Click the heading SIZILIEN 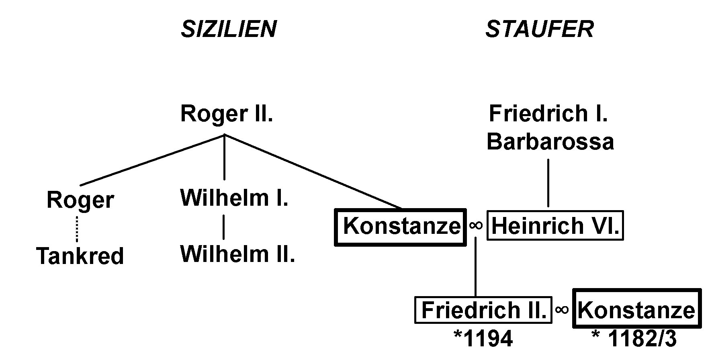coord(229,29)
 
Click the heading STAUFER coord(540,29)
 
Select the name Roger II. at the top coord(227,114)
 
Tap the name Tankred coord(80,256)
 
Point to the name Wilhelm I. coord(234,198)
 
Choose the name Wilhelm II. coord(237,254)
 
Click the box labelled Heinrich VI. coord(555,226)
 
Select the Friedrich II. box coord(483,310)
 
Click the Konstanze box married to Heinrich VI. coord(401,226)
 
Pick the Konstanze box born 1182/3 coord(637,309)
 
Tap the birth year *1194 coord(483,339)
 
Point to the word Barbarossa coord(550,142)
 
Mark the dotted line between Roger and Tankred coord(77,229)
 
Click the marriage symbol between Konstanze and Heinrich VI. coord(476,225)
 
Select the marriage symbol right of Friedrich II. coord(563,309)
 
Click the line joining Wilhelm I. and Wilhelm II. coord(224,227)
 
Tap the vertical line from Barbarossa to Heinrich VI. coord(548,183)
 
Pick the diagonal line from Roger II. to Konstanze coord(313,172)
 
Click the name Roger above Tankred coord(80,200)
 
